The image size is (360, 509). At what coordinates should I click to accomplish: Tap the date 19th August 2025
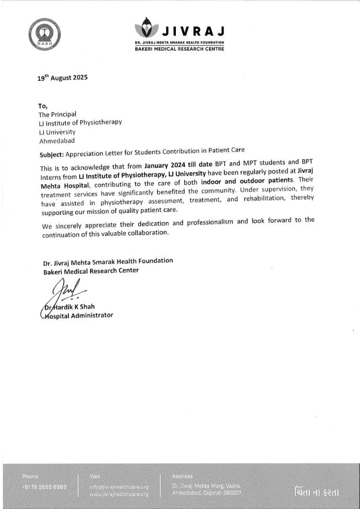[x=63, y=78]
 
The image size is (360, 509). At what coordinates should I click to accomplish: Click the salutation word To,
[x=43, y=106]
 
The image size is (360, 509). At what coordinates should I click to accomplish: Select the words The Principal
[x=57, y=114]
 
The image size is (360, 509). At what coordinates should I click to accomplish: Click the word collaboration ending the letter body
[x=147, y=232]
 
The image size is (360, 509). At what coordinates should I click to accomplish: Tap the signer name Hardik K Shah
[x=73, y=306]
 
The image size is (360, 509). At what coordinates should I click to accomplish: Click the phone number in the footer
[x=44, y=487]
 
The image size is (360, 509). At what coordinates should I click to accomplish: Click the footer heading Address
[x=182, y=476]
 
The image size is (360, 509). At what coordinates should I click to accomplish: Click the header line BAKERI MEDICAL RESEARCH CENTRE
[x=179, y=49]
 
